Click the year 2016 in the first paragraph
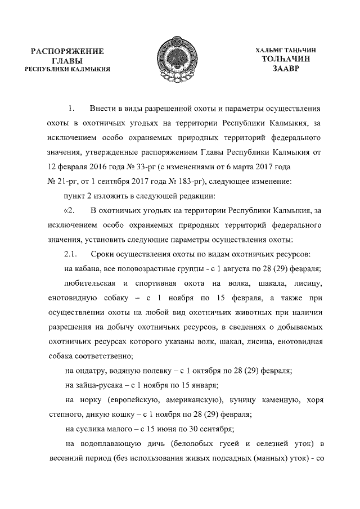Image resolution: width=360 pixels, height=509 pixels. (93, 167)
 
